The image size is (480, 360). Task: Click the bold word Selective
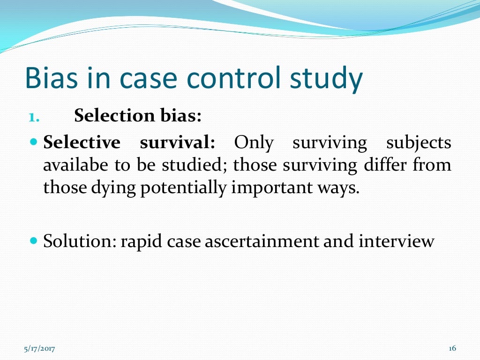tap(82, 142)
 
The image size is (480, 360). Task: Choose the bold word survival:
tap(177, 142)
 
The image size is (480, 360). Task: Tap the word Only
tap(254, 142)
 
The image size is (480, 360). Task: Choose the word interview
tap(397, 241)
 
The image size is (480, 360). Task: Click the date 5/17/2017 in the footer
tap(39, 348)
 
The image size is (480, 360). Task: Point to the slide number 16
tap(452, 348)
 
